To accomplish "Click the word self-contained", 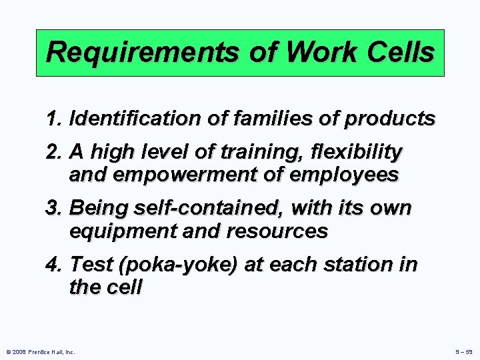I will click(199, 208).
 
